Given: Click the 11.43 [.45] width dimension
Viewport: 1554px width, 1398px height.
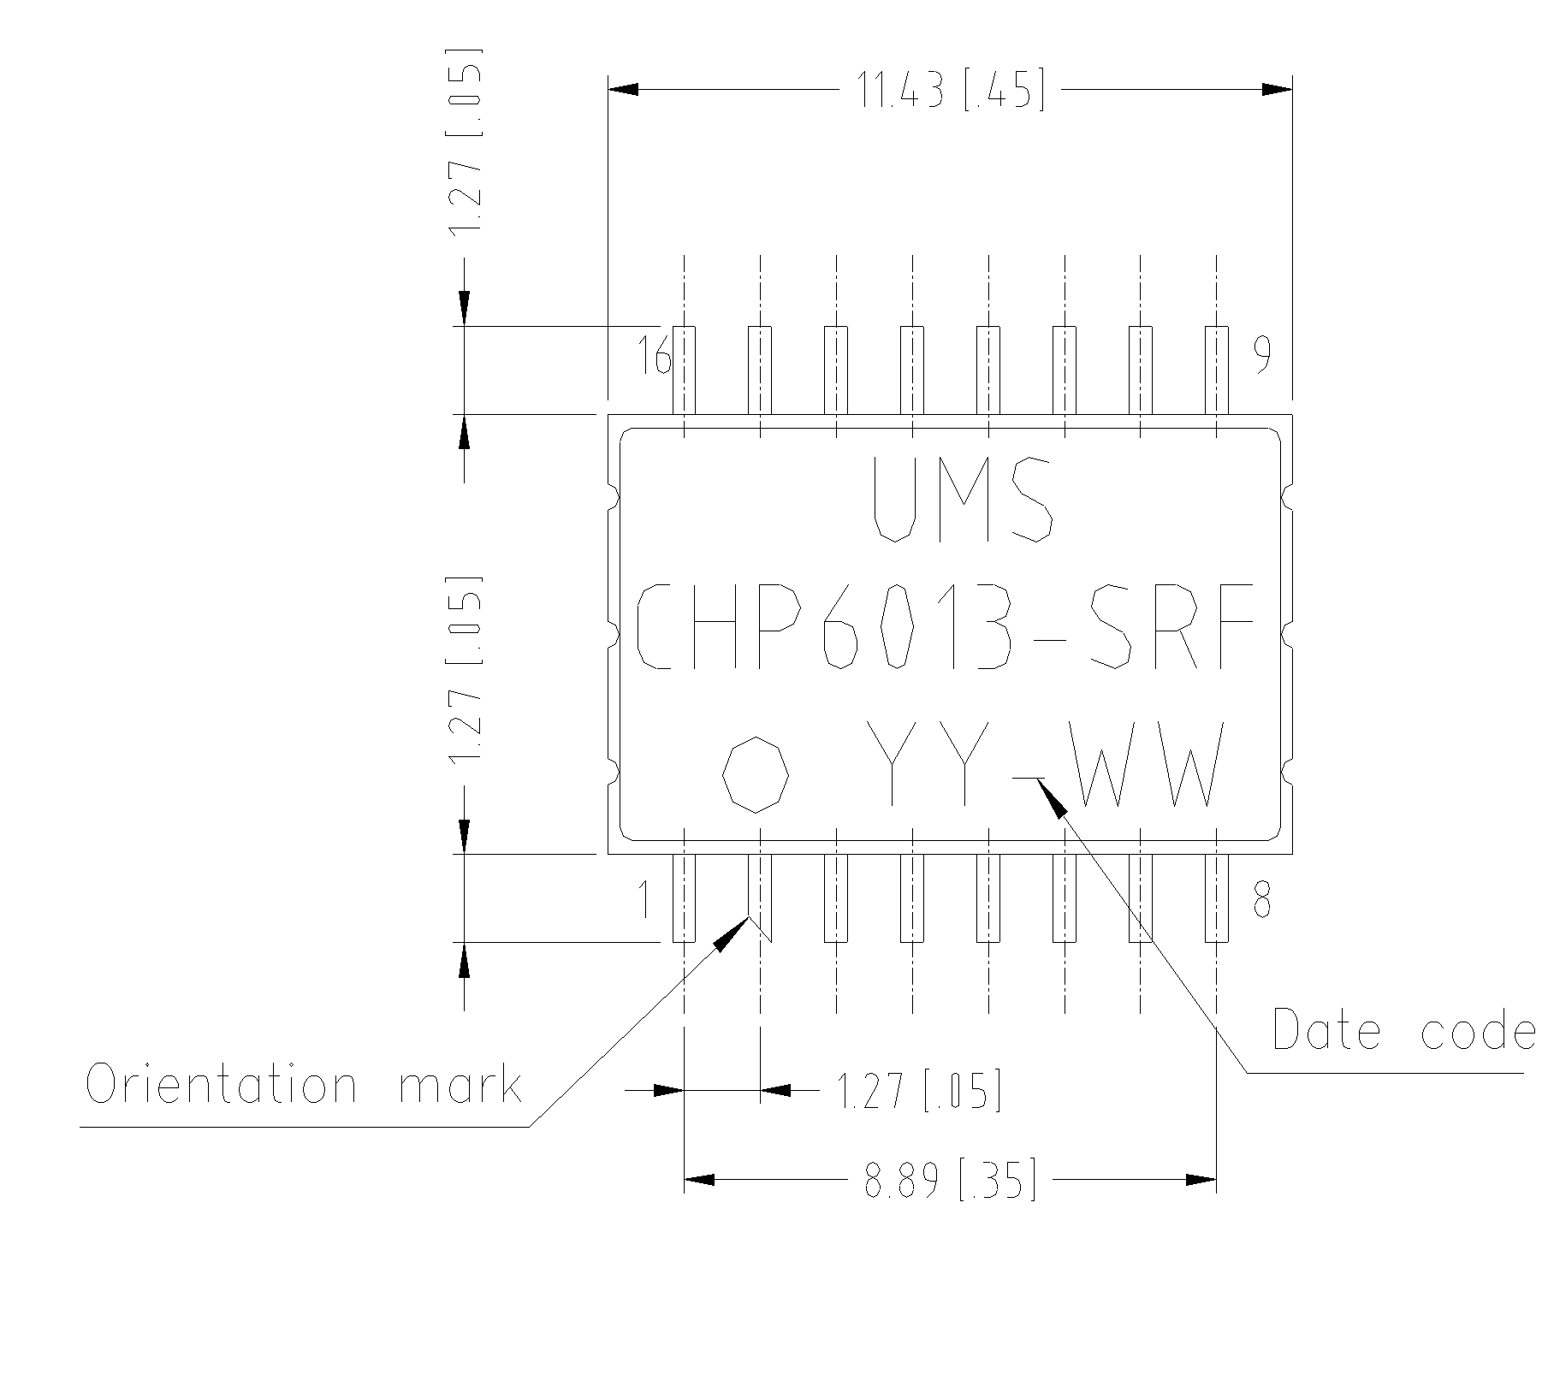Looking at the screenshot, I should (950, 90).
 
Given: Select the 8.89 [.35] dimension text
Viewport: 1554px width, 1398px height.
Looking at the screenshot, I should (950, 1180).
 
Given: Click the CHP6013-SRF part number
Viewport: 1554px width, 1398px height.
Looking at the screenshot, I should (945, 626).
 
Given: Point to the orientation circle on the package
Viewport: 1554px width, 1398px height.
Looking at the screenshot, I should (756, 773).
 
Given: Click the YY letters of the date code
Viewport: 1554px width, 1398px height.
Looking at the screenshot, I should (928, 763).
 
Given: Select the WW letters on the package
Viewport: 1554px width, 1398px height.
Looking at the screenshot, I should (1147, 765).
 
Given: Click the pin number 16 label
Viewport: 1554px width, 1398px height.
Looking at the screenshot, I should (654, 355).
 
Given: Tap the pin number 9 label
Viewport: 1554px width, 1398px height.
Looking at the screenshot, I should (1262, 355).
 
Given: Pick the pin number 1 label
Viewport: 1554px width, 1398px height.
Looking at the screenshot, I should (646, 901).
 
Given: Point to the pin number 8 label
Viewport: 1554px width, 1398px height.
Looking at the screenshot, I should (1262, 901).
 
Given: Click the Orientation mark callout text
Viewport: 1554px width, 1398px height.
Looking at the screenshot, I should (304, 1085).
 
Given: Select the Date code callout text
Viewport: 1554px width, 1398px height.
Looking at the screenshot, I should (1403, 1029).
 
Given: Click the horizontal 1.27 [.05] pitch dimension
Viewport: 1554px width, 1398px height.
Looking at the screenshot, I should (918, 1091).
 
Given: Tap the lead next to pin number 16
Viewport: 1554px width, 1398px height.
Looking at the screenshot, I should (684, 370).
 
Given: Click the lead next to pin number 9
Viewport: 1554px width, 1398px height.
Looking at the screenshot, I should (1216, 370).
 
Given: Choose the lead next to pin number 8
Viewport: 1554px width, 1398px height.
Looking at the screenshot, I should (1216, 897).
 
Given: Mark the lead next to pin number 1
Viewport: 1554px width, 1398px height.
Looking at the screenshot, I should (684, 897).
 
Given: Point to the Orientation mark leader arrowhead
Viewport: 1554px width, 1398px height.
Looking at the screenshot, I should (732, 933).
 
